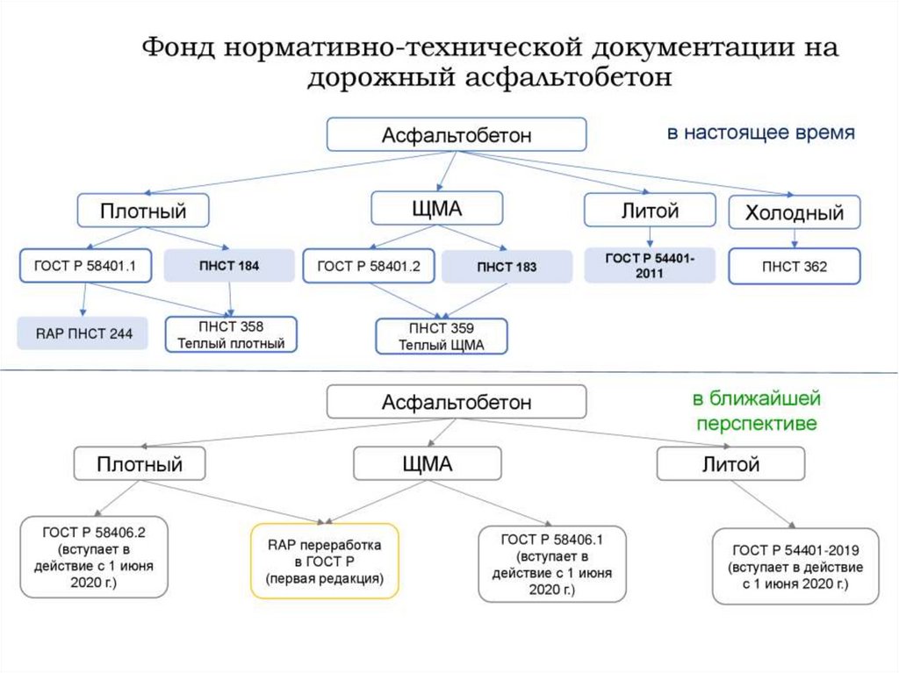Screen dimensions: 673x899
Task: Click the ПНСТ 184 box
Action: (x=229, y=265)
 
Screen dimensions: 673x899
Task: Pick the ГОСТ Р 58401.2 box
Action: (x=369, y=266)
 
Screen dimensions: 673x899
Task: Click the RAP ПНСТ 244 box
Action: (x=82, y=333)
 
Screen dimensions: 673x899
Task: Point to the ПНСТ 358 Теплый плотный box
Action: (x=232, y=334)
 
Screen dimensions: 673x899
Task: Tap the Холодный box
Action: (x=794, y=212)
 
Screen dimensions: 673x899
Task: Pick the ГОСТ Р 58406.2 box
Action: (x=94, y=557)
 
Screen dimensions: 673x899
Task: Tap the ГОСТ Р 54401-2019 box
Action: (x=795, y=566)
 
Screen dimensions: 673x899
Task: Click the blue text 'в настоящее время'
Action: (x=760, y=133)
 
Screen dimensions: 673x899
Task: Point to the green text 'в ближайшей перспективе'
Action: (x=756, y=412)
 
